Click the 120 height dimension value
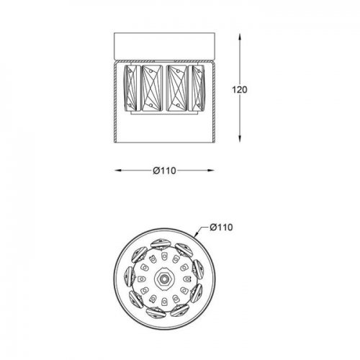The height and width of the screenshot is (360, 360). click(240, 90)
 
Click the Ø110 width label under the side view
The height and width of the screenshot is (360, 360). click(166, 171)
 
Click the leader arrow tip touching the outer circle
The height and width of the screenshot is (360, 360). click(195, 234)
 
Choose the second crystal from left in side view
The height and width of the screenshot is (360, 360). click(153, 89)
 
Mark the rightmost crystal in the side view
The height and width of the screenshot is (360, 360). click(201, 89)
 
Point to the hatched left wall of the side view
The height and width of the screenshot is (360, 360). click(116, 101)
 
